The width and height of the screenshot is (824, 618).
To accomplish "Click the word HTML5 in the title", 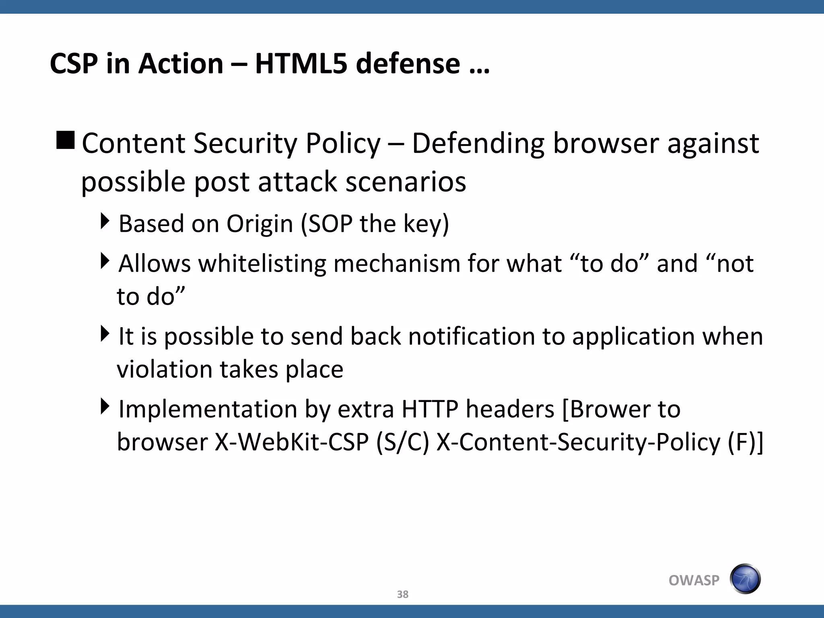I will point(301,64).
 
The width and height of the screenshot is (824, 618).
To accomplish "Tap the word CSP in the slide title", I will point(74,64).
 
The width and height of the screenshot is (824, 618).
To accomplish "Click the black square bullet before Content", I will point(65,140).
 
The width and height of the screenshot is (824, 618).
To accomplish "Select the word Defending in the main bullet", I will point(478,144).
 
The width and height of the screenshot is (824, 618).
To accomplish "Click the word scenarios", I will point(406,182).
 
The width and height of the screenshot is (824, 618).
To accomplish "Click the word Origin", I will point(260,225).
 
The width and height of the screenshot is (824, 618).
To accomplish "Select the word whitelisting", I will point(262,264).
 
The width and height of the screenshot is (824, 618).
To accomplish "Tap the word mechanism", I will point(397,264).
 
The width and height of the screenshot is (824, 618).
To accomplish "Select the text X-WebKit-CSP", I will point(292,442).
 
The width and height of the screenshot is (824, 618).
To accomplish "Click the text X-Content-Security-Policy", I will point(578,442).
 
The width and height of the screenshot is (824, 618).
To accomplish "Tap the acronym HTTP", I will point(430,410).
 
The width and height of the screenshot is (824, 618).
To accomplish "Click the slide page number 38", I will point(402,594).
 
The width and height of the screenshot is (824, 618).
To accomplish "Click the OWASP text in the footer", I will point(694,580).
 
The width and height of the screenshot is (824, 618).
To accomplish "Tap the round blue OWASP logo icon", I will point(745,579).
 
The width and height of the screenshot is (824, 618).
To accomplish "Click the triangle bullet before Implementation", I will point(105,406).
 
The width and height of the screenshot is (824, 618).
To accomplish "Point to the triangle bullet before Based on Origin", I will point(105,221).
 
